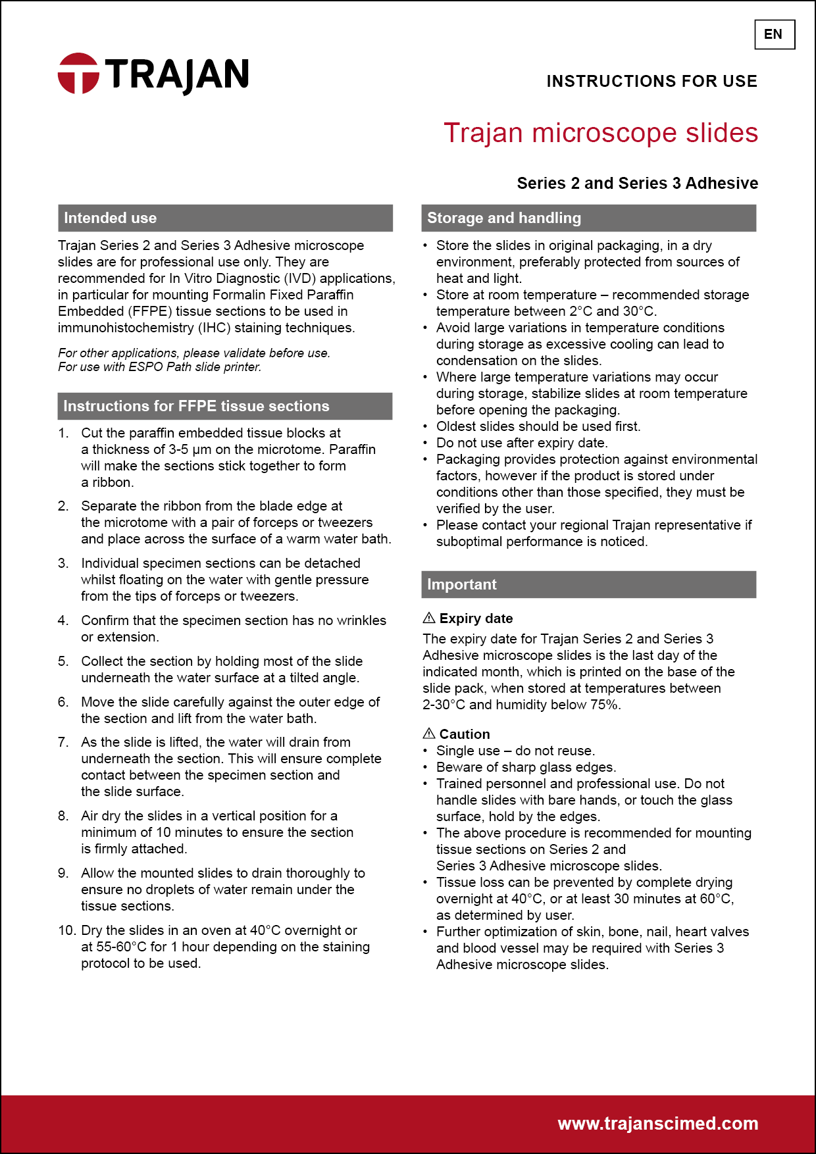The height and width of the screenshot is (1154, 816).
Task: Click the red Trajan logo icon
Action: pyautogui.click(x=78, y=73)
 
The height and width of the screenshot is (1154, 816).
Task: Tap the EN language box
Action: pyautogui.click(x=774, y=35)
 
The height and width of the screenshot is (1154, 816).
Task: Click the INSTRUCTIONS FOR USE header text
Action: pyautogui.click(x=651, y=82)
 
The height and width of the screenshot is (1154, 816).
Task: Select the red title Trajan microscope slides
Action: pyautogui.click(x=600, y=133)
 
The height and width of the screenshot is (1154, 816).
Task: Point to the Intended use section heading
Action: pyautogui.click(x=111, y=218)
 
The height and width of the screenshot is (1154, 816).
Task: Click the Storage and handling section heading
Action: pyautogui.click(x=504, y=218)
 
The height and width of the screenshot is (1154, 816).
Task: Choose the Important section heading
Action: pyautogui.click(x=461, y=585)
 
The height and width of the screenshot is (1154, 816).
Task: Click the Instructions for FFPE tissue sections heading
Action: pyautogui.click(x=196, y=407)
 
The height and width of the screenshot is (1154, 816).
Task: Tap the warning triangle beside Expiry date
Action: pyautogui.click(x=429, y=618)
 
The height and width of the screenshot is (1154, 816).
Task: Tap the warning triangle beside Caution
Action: pyautogui.click(x=429, y=734)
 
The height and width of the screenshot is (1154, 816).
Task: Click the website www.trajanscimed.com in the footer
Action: pyautogui.click(x=657, y=1124)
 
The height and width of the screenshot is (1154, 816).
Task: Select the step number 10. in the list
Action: pyautogui.click(x=66, y=930)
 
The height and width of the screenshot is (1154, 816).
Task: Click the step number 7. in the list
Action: pyautogui.click(x=63, y=742)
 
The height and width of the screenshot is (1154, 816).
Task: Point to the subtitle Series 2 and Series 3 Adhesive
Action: pyautogui.click(x=637, y=184)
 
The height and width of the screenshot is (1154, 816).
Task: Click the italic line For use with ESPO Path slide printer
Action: pyautogui.click(x=160, y=367)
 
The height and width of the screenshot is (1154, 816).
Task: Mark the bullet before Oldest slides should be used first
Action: pyautogui.click(x=426, y=426)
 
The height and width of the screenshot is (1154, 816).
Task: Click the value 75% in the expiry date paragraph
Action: pyautogui.click(x=603, y=705)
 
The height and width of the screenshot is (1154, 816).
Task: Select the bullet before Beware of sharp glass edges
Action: pyautogui.click(x=426, y=767)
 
